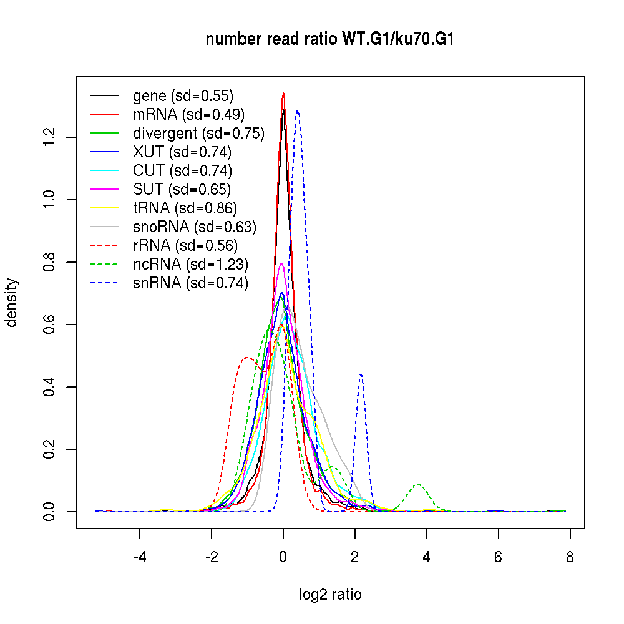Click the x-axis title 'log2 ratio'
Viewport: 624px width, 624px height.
(x=330, y=595)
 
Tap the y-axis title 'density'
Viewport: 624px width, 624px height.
(x=12, y=303)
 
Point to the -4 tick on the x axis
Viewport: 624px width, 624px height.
(x=140, y=557)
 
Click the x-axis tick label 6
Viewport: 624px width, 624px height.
(x=498, y=557)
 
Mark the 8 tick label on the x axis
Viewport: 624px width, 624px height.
(x=570, y=557)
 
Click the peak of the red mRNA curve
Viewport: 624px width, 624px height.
(x=283, y=94)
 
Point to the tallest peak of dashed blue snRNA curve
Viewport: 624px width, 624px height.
(x=298, y=111)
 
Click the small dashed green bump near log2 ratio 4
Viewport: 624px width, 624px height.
(x=418, y=484)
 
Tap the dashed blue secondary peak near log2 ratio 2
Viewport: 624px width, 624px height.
(x=361, y=374)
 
